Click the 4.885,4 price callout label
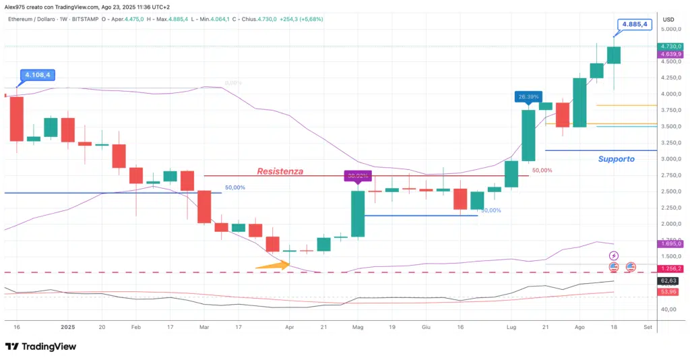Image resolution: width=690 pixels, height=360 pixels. [x=635, y=24]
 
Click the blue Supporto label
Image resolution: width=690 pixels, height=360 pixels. [x=617, y=159]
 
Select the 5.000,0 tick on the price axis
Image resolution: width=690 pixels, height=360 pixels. [x=671, y=30]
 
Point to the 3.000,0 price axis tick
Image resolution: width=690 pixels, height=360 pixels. [x=671, y=159]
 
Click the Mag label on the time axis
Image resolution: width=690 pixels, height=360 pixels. [x=357, y=326]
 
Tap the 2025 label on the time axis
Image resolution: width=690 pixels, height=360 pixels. [x=68, y=326]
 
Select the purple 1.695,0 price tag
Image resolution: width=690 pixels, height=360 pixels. [x=671, y=243]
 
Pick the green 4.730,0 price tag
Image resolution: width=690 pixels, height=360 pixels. [x=671, y=46]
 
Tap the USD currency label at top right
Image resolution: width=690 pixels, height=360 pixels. [x=668, y=19]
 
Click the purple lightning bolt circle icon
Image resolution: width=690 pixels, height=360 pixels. [x=614, y=256]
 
